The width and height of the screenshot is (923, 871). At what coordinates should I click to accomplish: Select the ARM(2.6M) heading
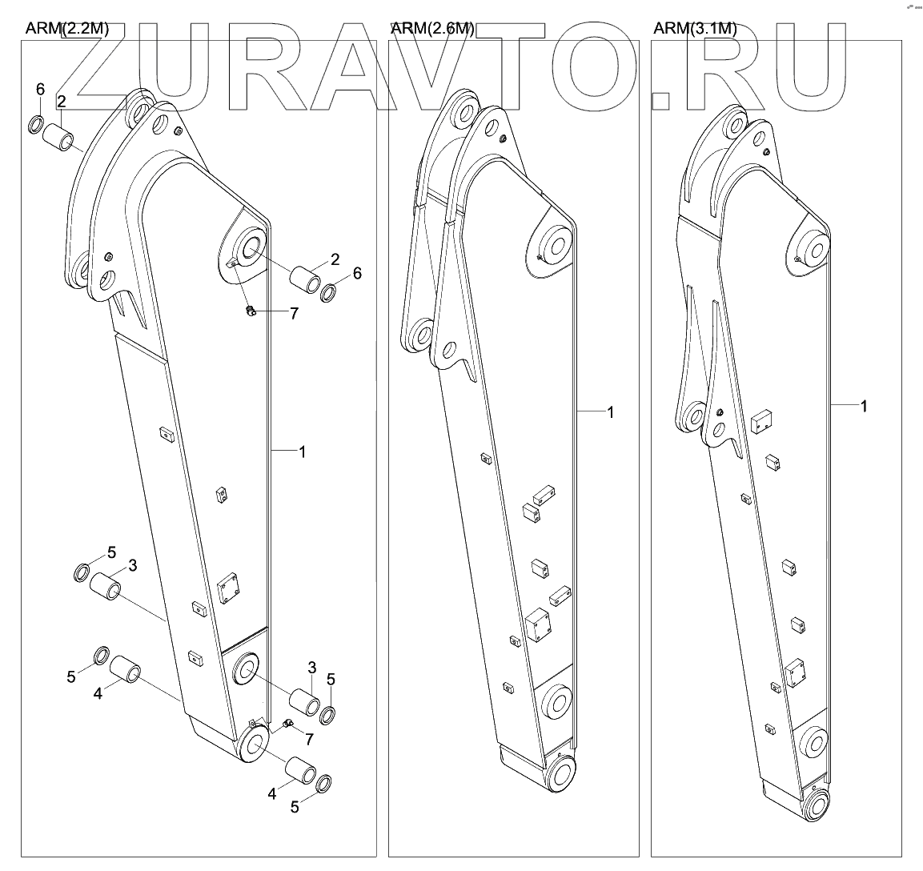[432, 30]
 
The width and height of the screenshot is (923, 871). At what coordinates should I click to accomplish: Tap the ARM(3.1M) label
[695, 30]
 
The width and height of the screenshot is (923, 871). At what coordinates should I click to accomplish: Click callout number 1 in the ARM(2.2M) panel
[302, 452]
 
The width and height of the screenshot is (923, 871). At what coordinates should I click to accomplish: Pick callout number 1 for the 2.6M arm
[610, 412]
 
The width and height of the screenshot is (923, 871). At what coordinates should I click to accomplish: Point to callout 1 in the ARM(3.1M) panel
[864, 407]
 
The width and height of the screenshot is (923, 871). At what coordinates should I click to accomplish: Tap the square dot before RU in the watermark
[661, 99]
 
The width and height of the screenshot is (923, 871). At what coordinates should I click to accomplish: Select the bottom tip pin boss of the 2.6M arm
[560, 776]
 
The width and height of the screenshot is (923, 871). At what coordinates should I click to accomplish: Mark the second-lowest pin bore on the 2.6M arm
[554, 702]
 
